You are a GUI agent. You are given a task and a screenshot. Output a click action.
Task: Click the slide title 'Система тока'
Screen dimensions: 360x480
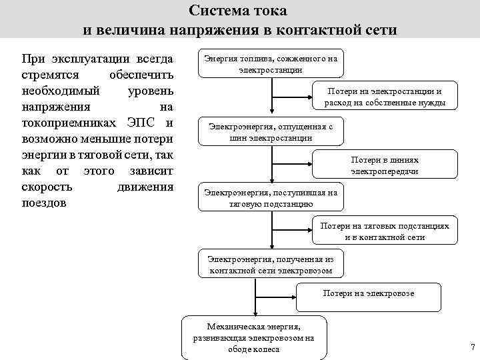tap(239, 11)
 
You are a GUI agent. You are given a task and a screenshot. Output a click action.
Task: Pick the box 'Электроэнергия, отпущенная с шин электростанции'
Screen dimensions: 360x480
tap(271, 132)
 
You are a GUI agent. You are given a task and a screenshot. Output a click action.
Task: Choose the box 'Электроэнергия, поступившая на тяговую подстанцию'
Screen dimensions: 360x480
tap(271, 198)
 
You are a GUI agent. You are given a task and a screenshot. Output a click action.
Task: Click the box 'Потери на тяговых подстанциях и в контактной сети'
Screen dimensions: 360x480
tap(385, 231)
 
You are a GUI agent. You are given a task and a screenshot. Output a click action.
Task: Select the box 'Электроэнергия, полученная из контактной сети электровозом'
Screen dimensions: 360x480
tap(271, 264)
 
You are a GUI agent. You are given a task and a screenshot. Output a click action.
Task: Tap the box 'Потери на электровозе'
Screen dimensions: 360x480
tap(369, 297)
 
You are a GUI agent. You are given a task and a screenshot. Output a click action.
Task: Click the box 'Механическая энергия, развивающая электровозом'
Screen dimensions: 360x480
tap(254, 338)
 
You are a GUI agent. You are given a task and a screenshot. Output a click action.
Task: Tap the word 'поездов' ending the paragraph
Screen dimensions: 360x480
tap(44, 203)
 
